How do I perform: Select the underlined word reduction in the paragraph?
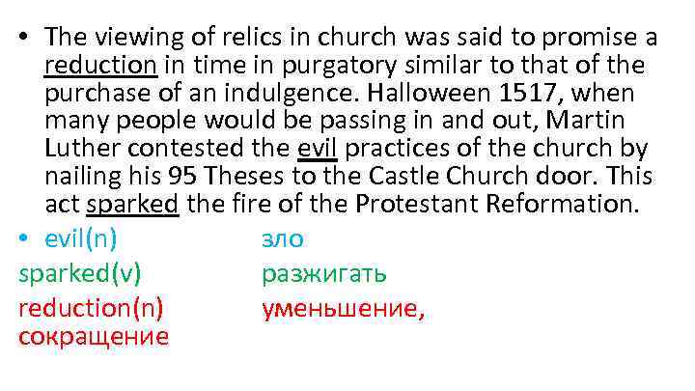coord(100,67)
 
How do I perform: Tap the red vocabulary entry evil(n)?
coord(87,238)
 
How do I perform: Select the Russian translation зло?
coord(282,238)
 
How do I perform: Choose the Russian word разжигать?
coord(324,273)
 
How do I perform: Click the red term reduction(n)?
coord(91,308)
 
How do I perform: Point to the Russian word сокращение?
coord(94,336)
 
